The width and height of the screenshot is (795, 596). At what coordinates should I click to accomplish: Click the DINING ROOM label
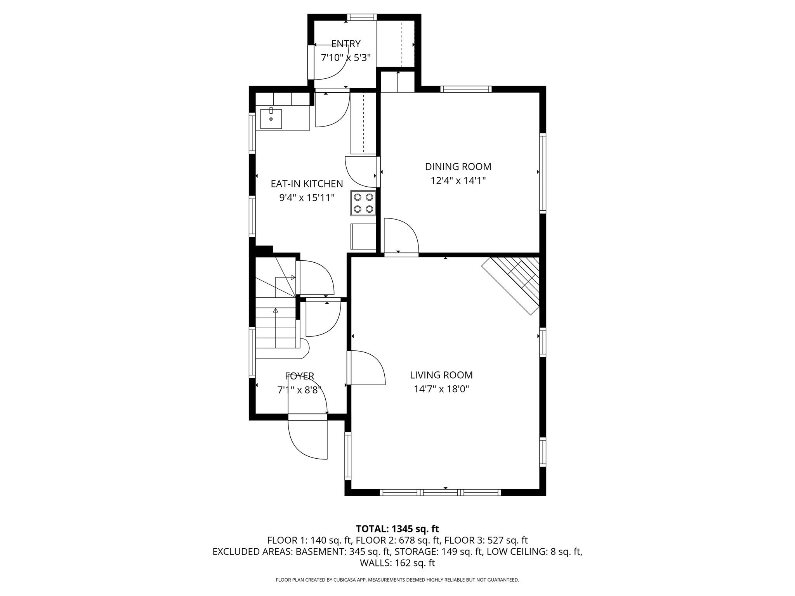458,167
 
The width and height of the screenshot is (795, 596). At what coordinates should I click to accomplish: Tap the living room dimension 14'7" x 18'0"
441,389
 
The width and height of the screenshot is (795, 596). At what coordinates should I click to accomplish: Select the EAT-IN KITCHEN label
307,184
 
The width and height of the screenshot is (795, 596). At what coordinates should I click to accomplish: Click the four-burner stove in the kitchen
364,203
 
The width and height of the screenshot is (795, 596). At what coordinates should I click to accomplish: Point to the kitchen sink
271,118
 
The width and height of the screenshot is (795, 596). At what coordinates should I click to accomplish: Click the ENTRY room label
345,44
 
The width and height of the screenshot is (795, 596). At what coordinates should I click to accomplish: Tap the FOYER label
299,376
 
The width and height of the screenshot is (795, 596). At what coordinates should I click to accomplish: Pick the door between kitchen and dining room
361,172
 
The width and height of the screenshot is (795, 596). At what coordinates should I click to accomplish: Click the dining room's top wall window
466,89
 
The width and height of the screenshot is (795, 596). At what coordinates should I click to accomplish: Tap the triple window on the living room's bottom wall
440,492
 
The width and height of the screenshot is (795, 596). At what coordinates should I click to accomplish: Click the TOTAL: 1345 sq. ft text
397,529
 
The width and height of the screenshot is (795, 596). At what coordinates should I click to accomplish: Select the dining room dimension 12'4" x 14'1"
458,181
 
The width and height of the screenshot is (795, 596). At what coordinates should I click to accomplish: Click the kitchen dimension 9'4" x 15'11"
307,198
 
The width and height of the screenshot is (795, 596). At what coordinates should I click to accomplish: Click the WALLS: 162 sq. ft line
397,563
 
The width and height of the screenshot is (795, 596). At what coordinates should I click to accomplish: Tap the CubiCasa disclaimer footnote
397,580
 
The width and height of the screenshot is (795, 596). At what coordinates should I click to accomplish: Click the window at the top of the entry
361,17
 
